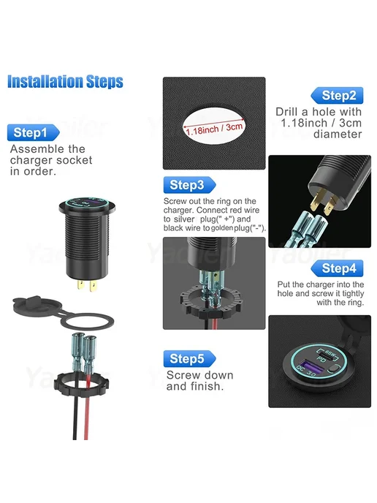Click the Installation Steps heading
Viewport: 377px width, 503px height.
(x=65, y=81)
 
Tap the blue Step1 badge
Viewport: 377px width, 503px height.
(x=33, y=132)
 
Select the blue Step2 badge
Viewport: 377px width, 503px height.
(x=337, y=95)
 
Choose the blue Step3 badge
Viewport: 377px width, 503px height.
(x=189, y=185)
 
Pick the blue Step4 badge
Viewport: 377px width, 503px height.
(x=337, y=268)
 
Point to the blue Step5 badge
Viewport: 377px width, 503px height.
(x=189, y=358)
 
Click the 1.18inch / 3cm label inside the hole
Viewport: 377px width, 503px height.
(x=214, y=129)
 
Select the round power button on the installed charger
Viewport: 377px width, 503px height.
(x=333, y=369)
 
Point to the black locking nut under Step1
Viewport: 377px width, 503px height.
(x=81, y=382)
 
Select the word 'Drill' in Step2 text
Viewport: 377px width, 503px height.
(x=289, y=112)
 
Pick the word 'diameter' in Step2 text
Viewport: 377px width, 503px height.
(x=338, y=134)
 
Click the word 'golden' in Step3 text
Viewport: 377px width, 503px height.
(x=222, y=228)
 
